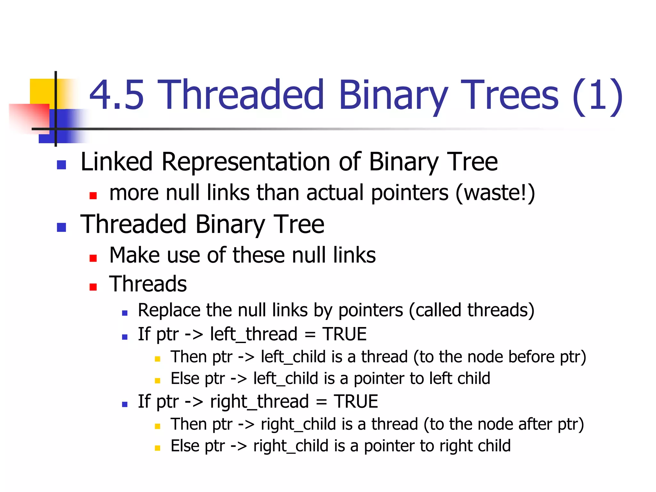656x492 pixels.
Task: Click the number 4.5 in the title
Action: click(117, 95)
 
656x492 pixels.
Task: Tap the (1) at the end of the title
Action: click(597, 96)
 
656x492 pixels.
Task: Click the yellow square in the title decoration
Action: click(42, 91)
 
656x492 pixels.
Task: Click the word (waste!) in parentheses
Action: click(495, 193)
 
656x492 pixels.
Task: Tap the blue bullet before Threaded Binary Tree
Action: click(61, 227)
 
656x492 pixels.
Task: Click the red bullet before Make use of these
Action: click(93, 258)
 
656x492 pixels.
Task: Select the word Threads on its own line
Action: click(148, 284)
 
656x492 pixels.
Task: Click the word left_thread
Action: click(254, 334)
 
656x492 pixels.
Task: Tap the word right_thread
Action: click(259, 402)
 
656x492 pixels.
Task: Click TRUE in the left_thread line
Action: click(344, 334)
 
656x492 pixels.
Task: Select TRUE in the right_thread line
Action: click(356, 402)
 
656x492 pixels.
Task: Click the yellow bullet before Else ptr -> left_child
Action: click(157, 381)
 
